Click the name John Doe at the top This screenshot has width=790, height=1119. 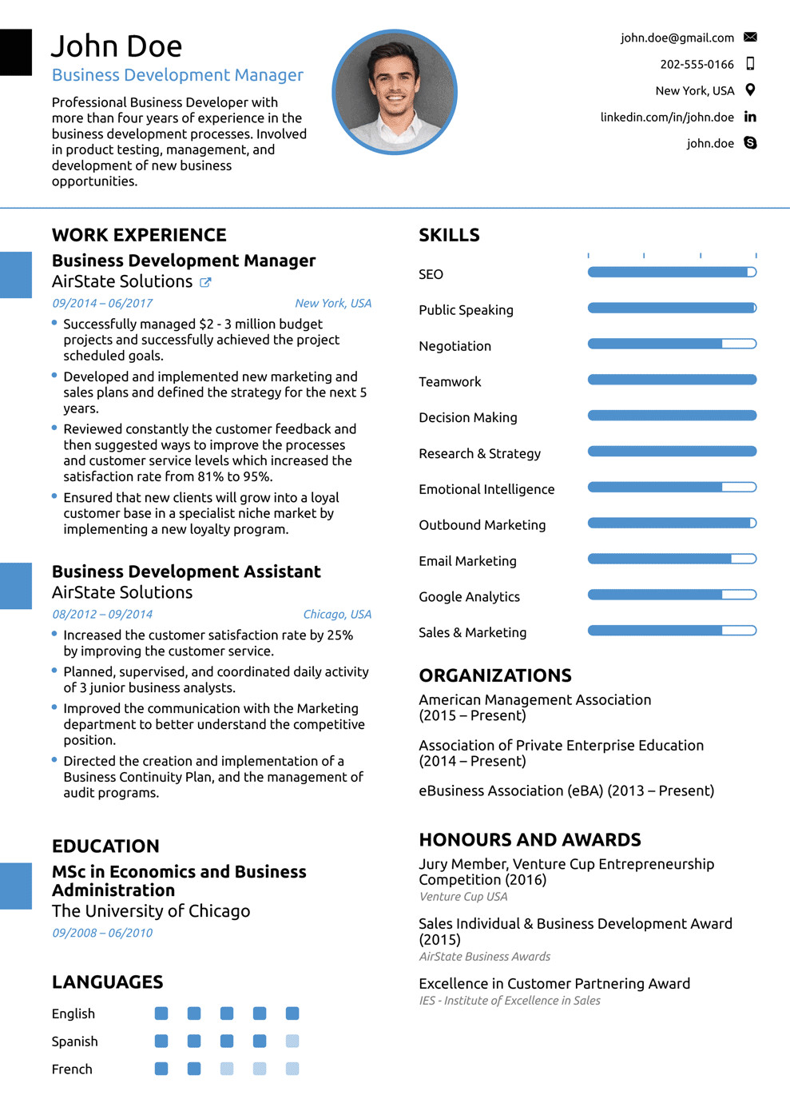tap(117, 46)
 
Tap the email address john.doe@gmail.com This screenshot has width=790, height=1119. tap(677, 38)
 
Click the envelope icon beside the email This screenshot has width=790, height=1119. tap(750, 38)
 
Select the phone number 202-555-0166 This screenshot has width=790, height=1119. tap(697, 64)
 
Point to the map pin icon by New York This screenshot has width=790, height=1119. tap(750, 90)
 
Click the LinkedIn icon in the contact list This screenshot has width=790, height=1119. tap(750, 117)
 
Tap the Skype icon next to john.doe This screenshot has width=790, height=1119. tap(750, 143)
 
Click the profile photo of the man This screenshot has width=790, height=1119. tap(395, 92)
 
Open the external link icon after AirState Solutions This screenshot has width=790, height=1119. tap(205, 282)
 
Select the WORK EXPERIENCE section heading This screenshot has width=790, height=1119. tap(139, 235)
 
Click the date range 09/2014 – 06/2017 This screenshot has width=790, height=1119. tap(102, 303)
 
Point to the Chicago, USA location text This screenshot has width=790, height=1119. tap(337, 614)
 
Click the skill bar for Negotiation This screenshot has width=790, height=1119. tap(672, 344)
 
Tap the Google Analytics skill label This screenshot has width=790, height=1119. tap(469, 597)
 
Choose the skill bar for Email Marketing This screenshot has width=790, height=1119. tap(672, 559)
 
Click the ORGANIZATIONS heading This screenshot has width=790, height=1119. tap(495, 675)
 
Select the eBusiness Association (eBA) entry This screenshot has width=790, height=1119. tap(566, 790)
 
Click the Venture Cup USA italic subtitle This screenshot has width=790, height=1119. tap(463, 897)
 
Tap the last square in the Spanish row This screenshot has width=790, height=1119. tap(292, 1041)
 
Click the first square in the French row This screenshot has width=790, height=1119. tap(161, 1069)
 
